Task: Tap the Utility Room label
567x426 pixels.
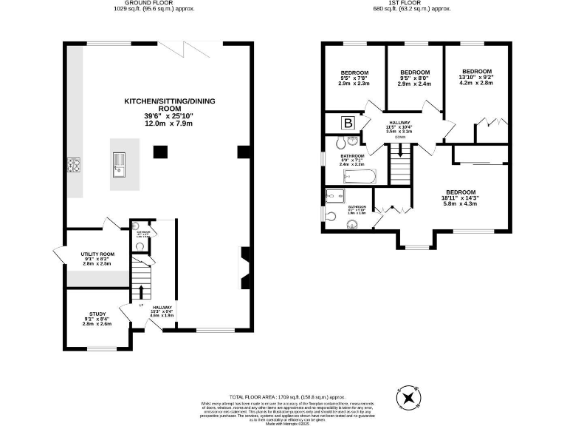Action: [96, 258]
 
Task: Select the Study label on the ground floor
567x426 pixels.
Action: [97, 319]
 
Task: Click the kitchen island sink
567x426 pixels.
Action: [118, 165]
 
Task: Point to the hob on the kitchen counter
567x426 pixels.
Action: [74, 166]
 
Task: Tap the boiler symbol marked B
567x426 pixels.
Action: [346, 124]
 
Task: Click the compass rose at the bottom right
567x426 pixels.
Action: [407, 399]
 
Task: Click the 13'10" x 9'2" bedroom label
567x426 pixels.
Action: [476, 78]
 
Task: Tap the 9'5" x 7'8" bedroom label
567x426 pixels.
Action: [354, 78]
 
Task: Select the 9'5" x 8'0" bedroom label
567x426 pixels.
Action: [414, 78]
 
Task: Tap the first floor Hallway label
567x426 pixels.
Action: [399, 127]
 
